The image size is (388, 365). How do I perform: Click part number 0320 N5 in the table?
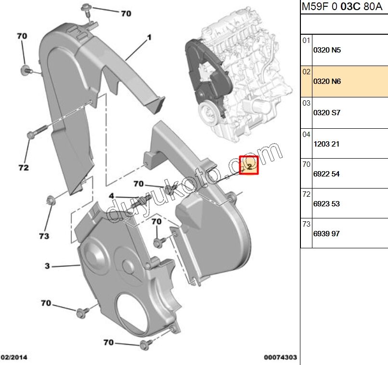tap(327, 50)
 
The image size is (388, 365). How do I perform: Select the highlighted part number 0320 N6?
tap(327, 81)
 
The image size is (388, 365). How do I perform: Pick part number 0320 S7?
tap(327, 113)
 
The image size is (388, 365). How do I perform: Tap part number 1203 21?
tap(326, 144)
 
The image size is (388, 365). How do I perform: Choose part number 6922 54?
tap(326, 174)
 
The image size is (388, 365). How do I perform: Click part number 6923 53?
tap(326, 204)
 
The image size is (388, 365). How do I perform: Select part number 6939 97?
tap(326, 234)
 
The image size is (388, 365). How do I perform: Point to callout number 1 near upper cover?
tap(149, 38)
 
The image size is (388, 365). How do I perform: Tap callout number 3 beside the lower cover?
tap(47, 266)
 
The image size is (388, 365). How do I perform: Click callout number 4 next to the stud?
tap(111, 196)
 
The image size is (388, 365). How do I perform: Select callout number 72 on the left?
tap(24, 168)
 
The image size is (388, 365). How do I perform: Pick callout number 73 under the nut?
tap(44, 236)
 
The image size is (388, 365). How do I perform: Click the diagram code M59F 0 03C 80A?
tap(342, 7)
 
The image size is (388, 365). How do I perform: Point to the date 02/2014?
tap(14, 357)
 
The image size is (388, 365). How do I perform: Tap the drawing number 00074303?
tap(280, 357)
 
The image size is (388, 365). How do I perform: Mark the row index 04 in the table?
tap(306, 135)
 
